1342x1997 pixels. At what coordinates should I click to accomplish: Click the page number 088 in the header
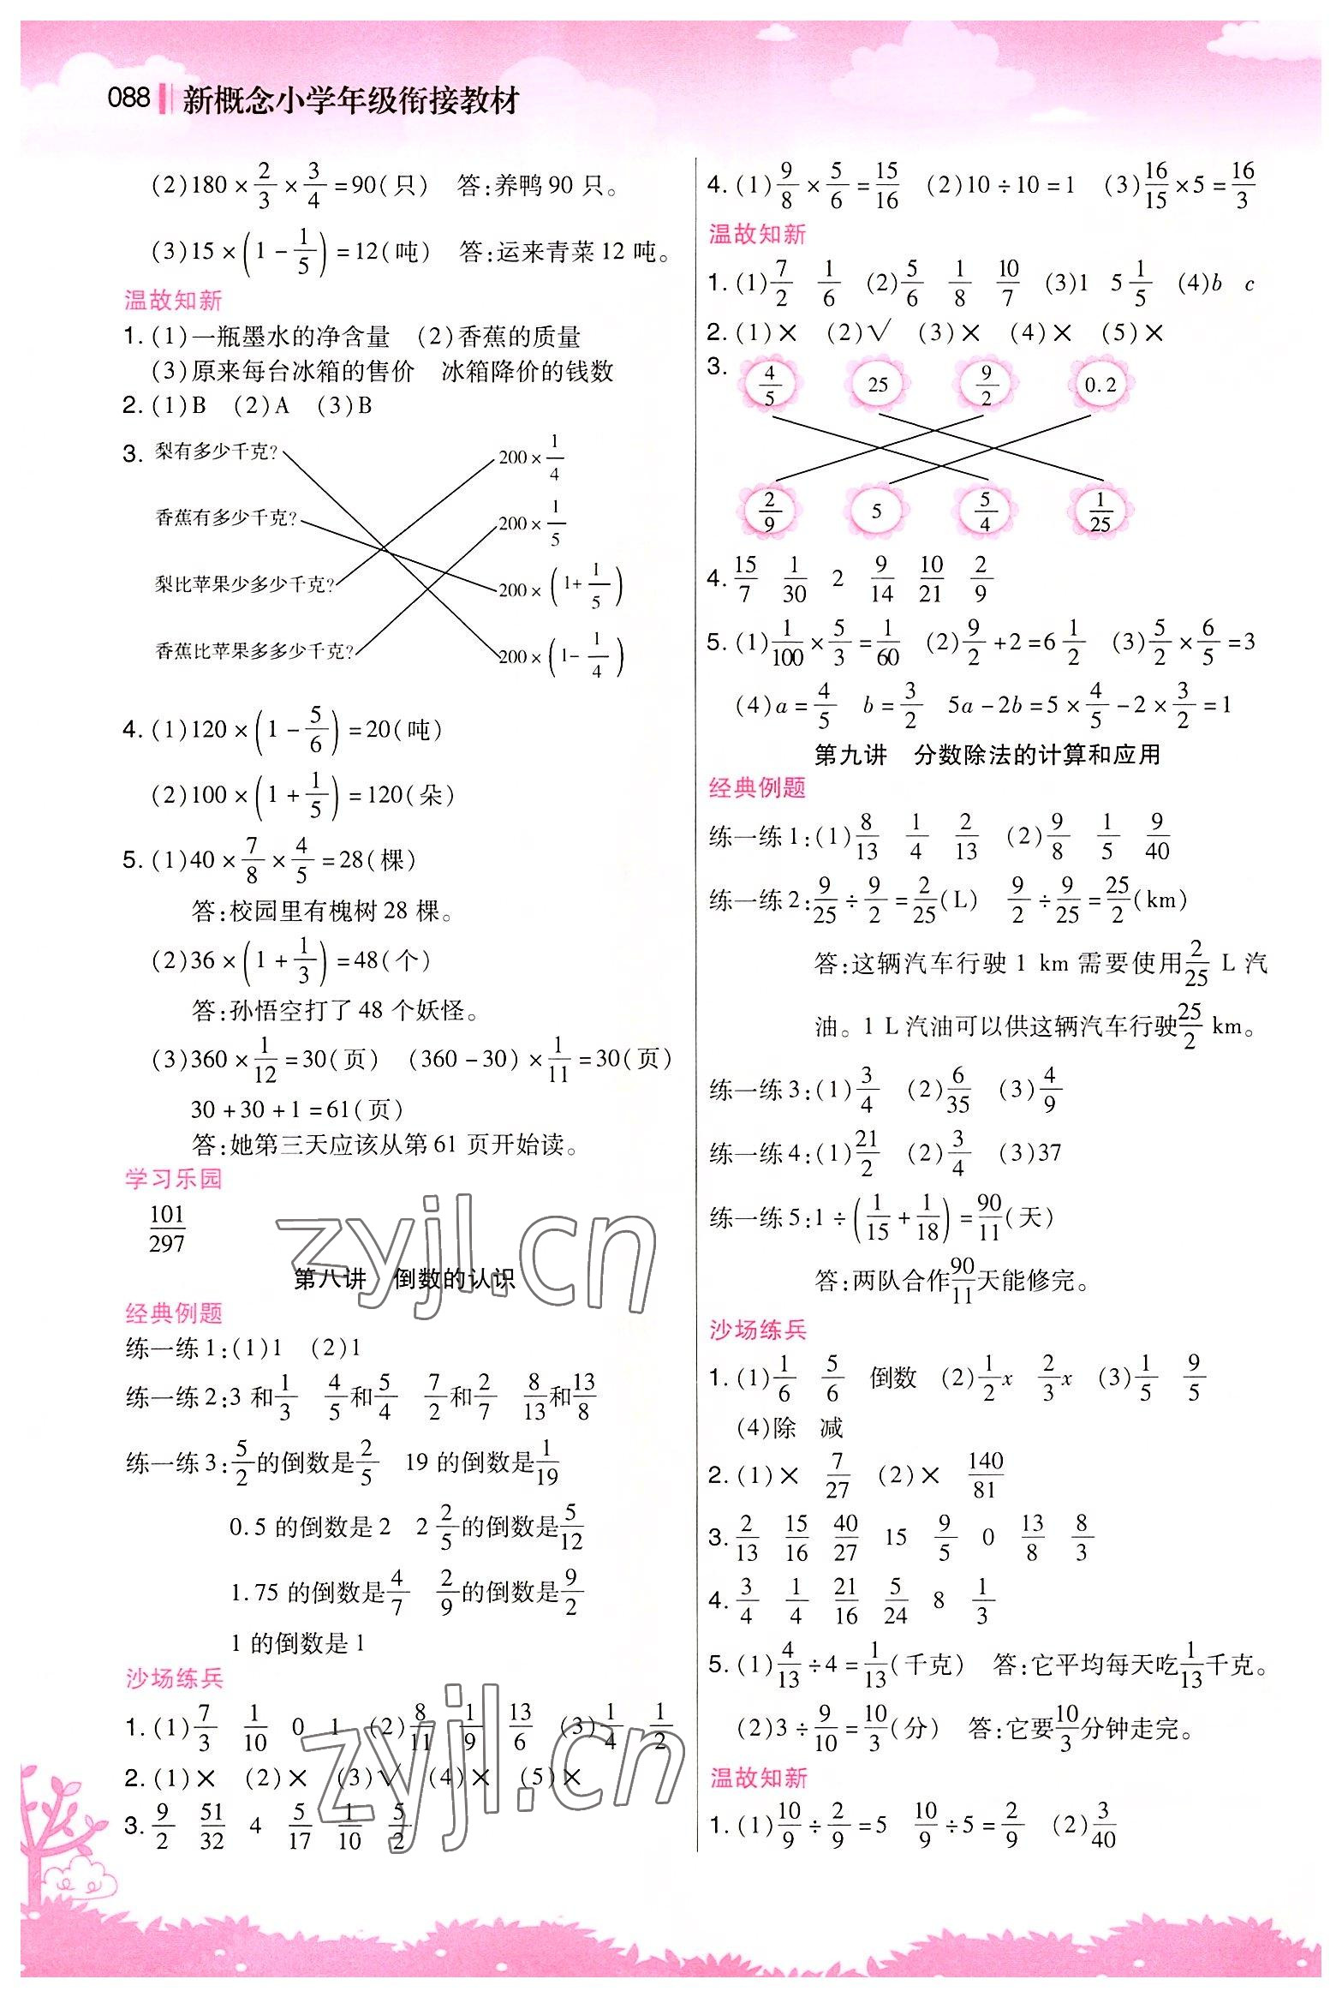click(x=128, y=99)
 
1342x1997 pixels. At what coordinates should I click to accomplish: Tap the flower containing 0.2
click(x=1100, y=386)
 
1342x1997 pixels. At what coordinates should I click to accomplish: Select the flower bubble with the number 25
click(x=878, y=386)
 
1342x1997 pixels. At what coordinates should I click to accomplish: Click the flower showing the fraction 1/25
click(x=1100, y=511)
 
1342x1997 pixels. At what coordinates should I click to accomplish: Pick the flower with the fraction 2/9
click(x=769, y=511)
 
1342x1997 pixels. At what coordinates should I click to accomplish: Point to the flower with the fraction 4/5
click(x=769, y=386)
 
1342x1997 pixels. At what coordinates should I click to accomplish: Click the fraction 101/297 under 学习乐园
click(x=167, y=1229)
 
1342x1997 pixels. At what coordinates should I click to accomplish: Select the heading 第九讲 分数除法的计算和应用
click(x=987, y=755)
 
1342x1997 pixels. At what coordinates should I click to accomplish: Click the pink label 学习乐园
click(x=173, y=1179)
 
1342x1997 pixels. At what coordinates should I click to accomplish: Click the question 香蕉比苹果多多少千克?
click(x=254, y=651)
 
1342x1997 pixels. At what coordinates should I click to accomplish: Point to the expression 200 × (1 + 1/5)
click(x=561, y=589)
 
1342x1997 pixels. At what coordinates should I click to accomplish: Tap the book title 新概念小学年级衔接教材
click(x=350, y=101)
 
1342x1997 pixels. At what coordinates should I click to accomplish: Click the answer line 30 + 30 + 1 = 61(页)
click(x=296, y=1110)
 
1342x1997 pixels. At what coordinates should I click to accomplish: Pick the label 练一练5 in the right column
click(x=756, y=1217)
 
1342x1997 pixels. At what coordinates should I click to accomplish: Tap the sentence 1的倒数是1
click(x=298, y=1643)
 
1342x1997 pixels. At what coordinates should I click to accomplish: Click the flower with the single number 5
click(x=876, y=511)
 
